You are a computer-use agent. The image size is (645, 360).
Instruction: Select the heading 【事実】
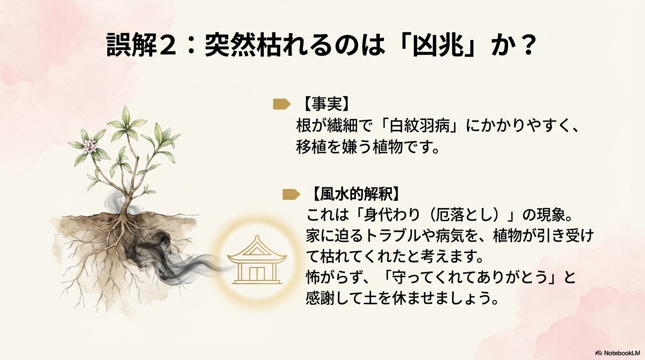tap(323, 104)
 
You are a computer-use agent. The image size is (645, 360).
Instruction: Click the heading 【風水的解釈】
tap(356, 194)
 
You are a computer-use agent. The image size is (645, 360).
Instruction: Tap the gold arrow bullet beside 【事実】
tap(281, 104)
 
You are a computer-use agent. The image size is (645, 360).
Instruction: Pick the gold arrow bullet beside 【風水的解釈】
tap(291, 194)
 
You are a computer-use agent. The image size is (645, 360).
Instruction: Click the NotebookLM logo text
tap(618, 352)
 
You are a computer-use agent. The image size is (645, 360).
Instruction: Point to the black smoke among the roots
tap(155, 253)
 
